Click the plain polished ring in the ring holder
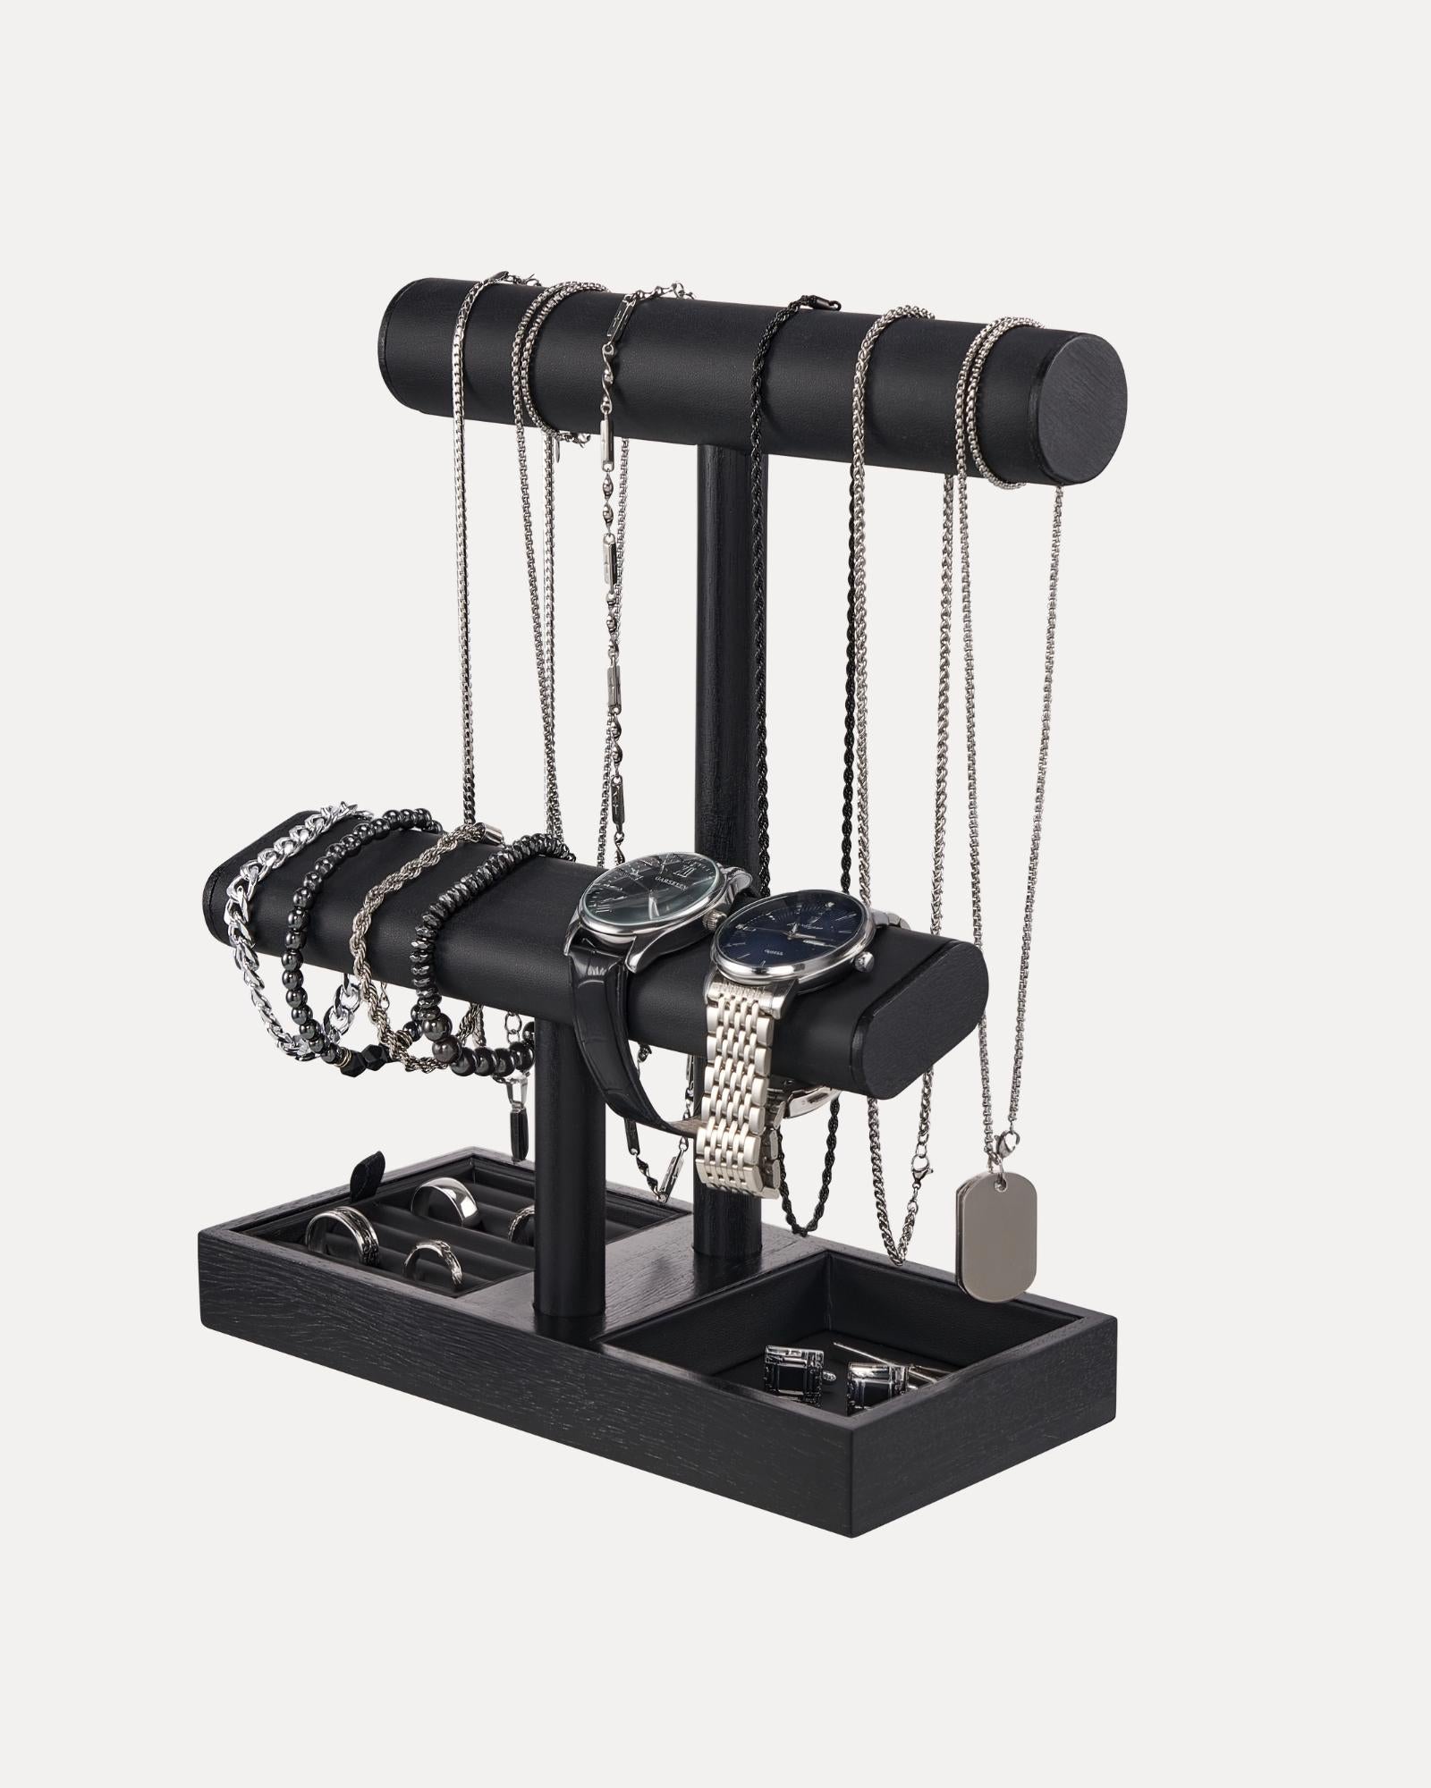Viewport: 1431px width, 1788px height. pyautogui.click(x=446, y=1198)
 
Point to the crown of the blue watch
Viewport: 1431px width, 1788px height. pyautogui.click(x=863, y=961)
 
